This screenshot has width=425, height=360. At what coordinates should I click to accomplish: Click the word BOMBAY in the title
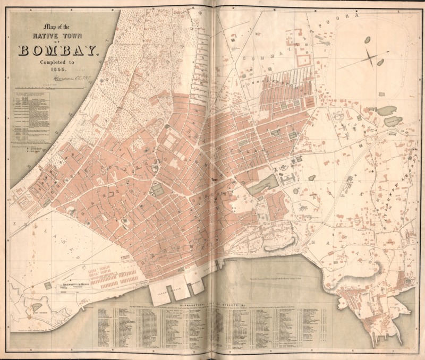coord(58,52)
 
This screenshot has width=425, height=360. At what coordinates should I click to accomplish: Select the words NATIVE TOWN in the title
coord(58,37)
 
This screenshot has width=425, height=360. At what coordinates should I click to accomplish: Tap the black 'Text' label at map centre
coord(215,180)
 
